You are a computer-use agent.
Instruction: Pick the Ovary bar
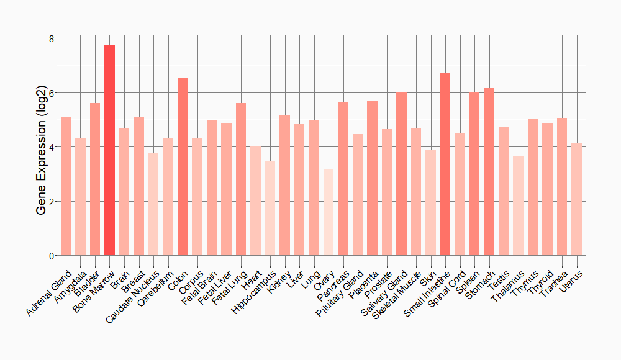(x=329, y=212)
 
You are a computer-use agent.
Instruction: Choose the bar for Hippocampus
(x=270, y=208)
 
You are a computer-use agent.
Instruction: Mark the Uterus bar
(x=576, y=199)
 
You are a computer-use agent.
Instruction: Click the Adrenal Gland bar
(x=66, y=186)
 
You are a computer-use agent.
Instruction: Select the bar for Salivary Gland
(x=401, y=174)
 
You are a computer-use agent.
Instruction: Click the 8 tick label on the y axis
(x=52, y=38)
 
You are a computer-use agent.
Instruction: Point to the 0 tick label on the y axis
(x=52, y=256)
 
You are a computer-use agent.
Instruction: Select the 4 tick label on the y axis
(x=52, y=147)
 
